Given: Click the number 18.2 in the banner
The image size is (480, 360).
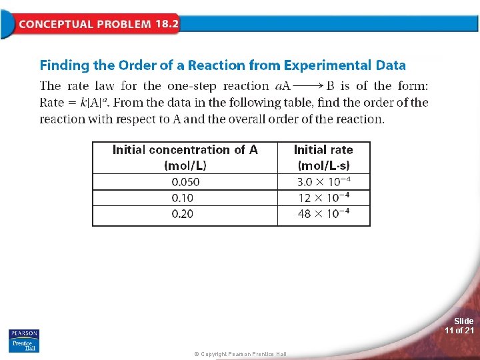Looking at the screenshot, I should click(167, 24).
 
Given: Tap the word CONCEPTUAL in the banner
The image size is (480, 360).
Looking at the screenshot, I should click(55, 25).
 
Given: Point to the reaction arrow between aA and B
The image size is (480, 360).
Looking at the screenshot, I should click(308, 86).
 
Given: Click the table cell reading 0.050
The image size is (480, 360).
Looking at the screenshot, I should click(185, 182).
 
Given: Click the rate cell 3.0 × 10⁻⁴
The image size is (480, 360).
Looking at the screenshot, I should click(323, 182).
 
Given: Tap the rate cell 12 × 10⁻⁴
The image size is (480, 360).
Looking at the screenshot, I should click(323, 198).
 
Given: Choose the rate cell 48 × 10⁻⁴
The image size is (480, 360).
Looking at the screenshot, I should click(323, 214).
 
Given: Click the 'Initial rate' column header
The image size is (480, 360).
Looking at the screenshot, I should click(323, 157).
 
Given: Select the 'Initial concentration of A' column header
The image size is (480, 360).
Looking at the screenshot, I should click(185, 157).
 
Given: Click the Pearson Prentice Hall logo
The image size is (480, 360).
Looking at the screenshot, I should click(24, 340).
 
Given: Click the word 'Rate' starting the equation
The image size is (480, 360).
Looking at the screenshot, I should click(52, 103).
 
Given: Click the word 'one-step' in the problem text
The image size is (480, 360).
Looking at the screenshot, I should click(193, 86).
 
